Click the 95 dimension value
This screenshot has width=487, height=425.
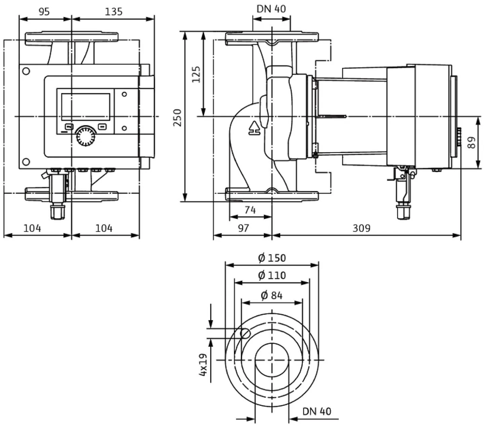pos(44,12)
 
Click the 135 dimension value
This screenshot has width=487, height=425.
pos(114,12)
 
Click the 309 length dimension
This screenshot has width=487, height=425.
pos(361,228)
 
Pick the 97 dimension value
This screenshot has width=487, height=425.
pos(243,228)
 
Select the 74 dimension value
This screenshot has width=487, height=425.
pos(250,210)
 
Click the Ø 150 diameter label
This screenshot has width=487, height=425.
pos(272,258)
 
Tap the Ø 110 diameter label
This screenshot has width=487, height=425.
pos(272,275)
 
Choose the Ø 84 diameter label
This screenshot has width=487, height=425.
pos(272,296)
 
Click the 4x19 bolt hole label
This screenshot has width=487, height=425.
pos(203,365)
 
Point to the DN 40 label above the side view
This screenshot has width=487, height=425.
pos(271,9)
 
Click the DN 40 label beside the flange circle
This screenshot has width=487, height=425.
pos(316,411)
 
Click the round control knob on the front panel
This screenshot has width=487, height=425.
pos(86,136)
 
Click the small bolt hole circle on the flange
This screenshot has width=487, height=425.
pos(246,333)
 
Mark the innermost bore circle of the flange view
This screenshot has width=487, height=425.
pos(272,360)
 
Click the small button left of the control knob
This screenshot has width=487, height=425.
pos(69,127)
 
